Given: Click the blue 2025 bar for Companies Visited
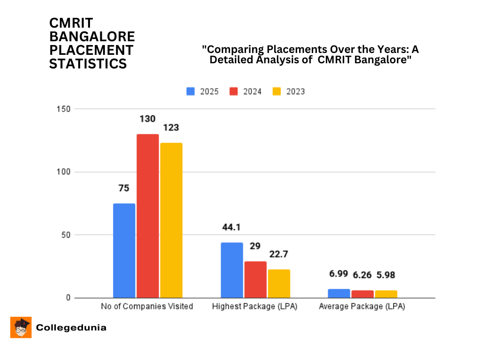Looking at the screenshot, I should pos(124,251).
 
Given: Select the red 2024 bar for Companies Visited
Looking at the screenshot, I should pos(148,216).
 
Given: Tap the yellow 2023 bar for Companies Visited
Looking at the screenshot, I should pos(171,220).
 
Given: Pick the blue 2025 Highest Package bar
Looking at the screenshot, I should pos(232,270).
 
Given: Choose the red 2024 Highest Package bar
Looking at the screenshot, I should pos(255,279).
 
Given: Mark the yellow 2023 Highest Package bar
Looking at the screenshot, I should pos(279,284).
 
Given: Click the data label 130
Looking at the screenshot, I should pos(147,119).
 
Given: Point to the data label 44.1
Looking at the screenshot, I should pos(232,227).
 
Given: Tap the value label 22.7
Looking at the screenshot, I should pos(279,255).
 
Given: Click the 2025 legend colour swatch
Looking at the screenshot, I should pos(191,91).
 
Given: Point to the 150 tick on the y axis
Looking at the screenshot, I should pos(64,109).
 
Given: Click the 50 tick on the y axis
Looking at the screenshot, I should pos(66,235).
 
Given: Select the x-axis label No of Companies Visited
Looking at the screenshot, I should pos(147,307).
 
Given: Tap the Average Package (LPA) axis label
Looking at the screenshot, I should pos(362,307).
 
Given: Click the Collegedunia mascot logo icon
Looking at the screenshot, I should pos(21,327).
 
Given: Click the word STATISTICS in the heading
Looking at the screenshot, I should pos(88,64).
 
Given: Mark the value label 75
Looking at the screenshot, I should pos(124,188).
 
